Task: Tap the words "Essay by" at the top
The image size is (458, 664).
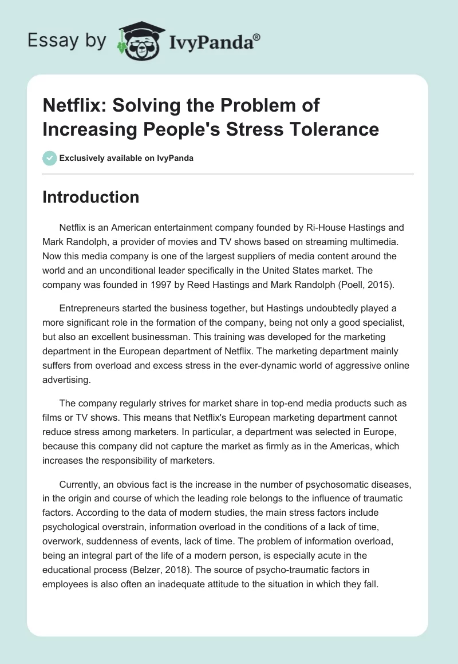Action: pyautogui.click(x=66, y=41)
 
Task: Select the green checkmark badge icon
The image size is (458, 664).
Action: pyautogui.click(x=49, y=158)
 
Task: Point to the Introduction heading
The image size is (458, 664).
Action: pyautogui.click(x=91, y=197)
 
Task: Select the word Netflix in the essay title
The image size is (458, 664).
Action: pyautogui.click(x=72, y=105)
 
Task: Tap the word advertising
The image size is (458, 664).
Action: pyautogui.click(x=66, y=379)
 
